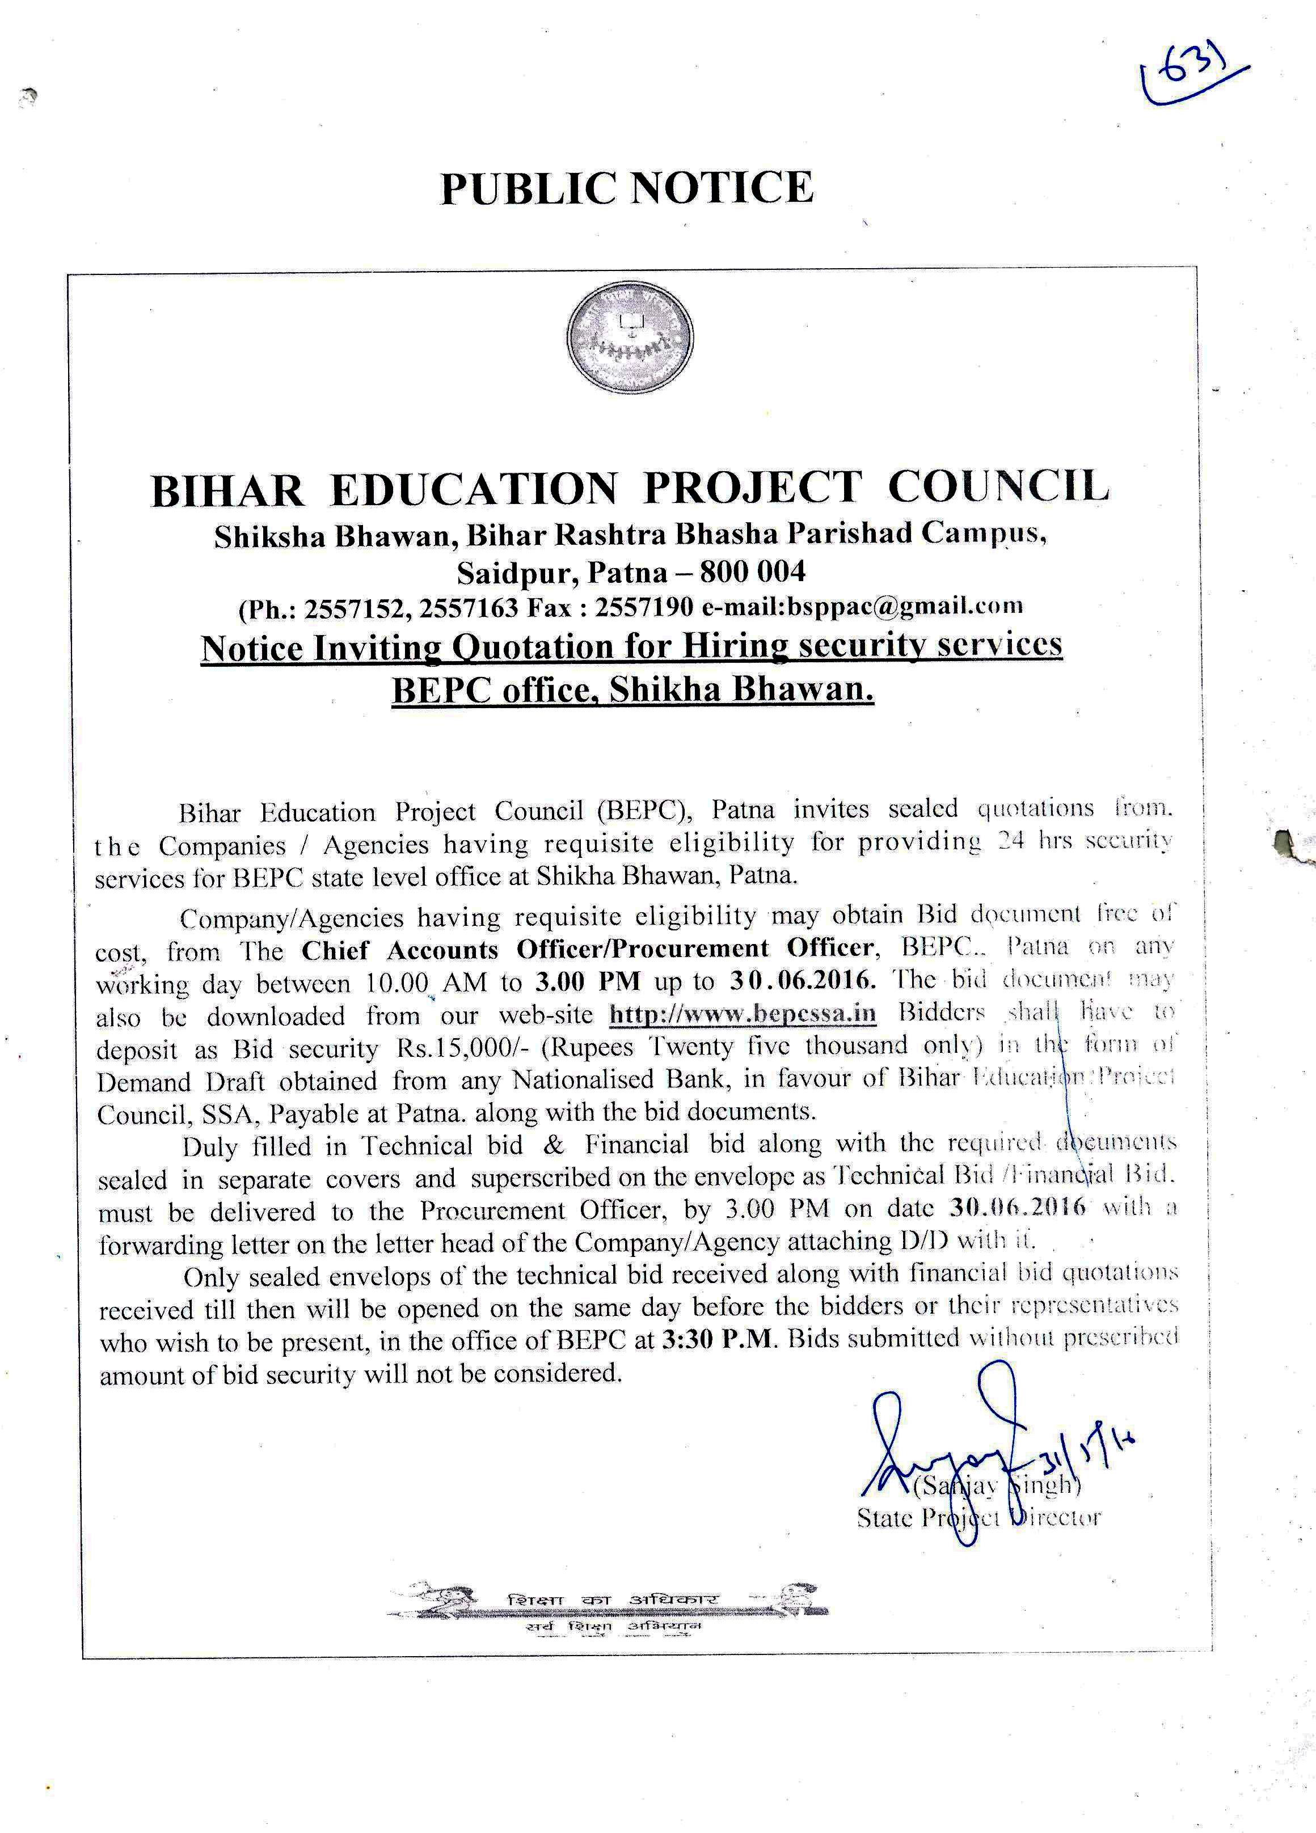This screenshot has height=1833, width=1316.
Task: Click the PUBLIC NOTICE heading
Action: coord(627,188)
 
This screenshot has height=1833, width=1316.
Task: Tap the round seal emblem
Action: coord(631,338)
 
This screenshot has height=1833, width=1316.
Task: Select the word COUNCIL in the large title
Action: coord(998,486)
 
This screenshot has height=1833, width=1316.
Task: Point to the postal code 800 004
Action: coord(753,572)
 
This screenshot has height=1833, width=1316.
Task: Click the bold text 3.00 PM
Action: coord(588,982)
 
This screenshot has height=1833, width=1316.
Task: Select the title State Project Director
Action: coord(978,1518)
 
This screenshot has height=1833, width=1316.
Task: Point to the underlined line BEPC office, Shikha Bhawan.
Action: coord(632,690)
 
